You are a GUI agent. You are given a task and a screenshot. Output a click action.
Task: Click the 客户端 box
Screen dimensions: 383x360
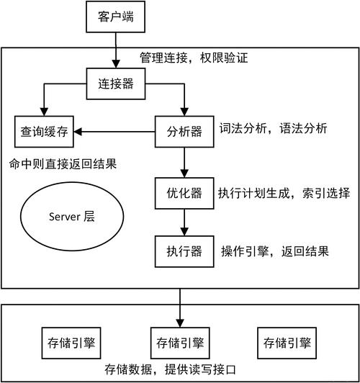coord(114,17)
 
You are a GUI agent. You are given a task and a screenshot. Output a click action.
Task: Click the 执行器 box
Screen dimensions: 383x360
coord(184,251)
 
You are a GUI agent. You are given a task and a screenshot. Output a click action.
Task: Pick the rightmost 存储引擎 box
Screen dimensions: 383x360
coord(287,341)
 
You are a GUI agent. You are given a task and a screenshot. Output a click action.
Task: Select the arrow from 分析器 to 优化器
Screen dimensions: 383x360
coord(184,161)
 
